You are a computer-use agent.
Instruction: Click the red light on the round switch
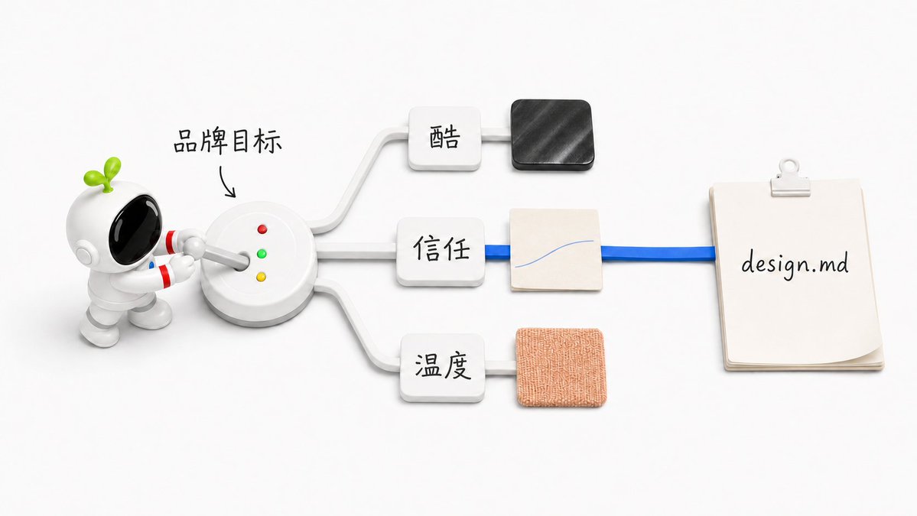coord(262,229)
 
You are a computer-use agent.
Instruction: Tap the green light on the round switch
coord(262,254)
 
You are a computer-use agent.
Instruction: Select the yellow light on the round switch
coord(261,277)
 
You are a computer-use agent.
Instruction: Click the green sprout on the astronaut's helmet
coord(103,174)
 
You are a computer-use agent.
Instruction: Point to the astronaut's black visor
coord(135,228)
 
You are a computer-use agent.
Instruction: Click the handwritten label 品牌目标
coord(227,141)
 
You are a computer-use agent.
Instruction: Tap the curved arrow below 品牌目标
coord(227,181)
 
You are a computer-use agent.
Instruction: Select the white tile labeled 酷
coord(444,138)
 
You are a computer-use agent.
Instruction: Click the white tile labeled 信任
coord(441,252)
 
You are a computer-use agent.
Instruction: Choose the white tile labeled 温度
coord(443,367)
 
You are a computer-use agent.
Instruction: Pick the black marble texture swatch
coord(552,135)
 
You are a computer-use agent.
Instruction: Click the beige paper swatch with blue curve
coord(555,249)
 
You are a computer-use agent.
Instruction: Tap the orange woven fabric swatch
coord(561,368)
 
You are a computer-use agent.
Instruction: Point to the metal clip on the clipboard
coord(789,177)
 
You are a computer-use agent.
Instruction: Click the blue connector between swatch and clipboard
coord(658,253)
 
